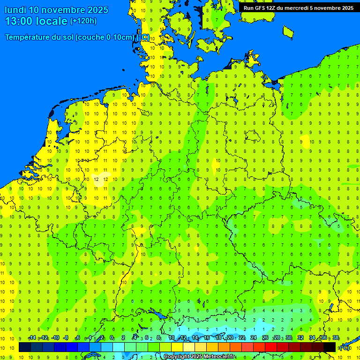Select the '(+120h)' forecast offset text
[83, 21]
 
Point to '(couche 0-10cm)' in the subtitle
[107, 37]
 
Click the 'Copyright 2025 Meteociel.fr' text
[199, 357]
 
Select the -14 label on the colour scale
[32, 338]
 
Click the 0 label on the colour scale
[112, 338]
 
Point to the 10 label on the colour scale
[172, 338]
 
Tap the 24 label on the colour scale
[254, 338]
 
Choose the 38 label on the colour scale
[336, 338]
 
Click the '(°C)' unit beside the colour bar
[345, 347]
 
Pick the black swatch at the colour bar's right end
[330, 347]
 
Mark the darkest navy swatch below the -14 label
[25, 347]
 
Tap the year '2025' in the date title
[98, 10]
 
